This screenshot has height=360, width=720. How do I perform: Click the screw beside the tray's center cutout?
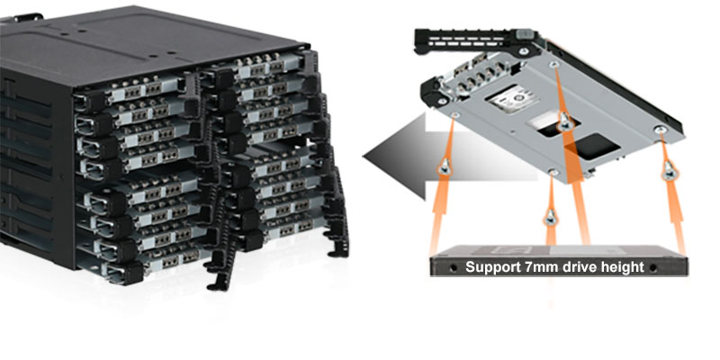point(564,126)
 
